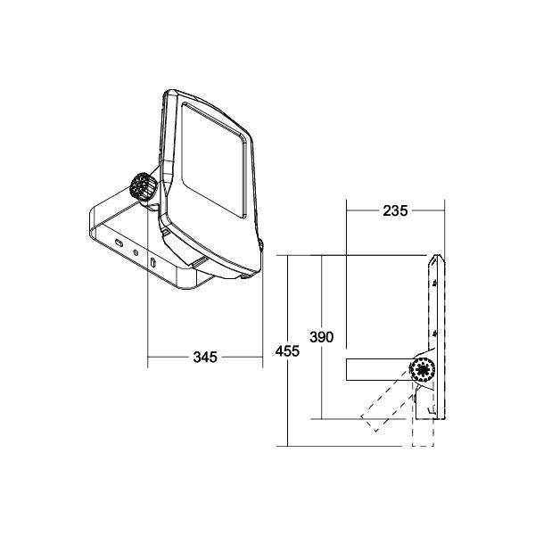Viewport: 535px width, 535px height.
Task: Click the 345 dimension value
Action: (204, 358)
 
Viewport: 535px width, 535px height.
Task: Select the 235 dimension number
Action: (395, 211)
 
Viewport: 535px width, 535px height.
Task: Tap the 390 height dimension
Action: (321, 337)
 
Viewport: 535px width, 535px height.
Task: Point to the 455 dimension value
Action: (287, 351)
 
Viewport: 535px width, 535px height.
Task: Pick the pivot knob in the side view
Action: (420, 369)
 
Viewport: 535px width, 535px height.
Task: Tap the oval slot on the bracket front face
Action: (117, 242)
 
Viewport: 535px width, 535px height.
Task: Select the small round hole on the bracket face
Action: (136, 252)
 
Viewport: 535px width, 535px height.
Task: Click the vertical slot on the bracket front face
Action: (153, 263)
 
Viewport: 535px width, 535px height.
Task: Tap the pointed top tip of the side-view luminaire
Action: (434, 258)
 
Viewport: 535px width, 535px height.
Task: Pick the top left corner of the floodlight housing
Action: (169, 93)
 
